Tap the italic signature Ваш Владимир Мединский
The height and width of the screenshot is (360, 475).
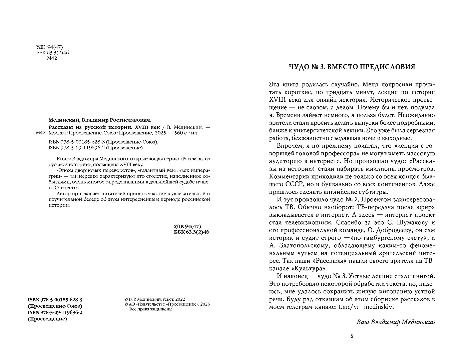[x=396, y=322]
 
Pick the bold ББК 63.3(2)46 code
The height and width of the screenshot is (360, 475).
[x=192, y=232]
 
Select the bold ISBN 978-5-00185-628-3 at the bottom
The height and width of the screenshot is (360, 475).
[x=55, y=300]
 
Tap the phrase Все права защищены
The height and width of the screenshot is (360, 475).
[x=148, y=309]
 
